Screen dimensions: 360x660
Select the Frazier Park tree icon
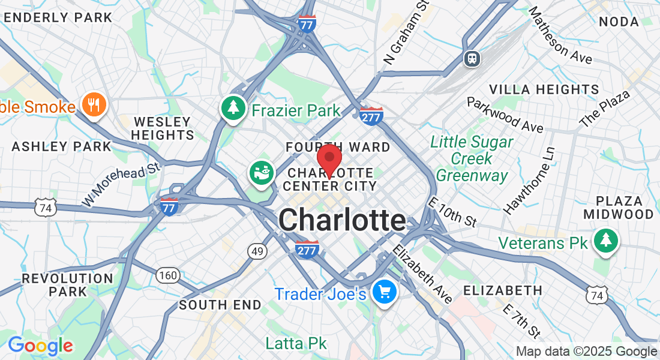pyautogui.click(x=233, y=108)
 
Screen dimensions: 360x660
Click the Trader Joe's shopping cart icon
pyautogui.click(x=383, y=292)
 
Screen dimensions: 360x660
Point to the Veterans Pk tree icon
pyautogui.click(x=605, y=241)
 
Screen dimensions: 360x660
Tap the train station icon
pyautogui.click(x=472, y=58)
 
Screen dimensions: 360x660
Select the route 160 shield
pyautogui.click(x=168, y=275)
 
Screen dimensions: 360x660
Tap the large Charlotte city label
pyautogui.click(x=341, y=220)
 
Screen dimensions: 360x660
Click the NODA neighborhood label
pyautogui.click(x=619, y=22)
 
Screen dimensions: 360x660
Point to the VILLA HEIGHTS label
pyautogui.click(x=544, y=90)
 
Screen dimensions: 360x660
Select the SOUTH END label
pyautogui.click(x=220, y=305)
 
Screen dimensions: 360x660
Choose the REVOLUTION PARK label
pyautogui.click(x=67, y=285)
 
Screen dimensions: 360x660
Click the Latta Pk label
pyautogui.click(x=296, y=343)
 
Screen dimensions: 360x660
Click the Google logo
pyautogui.click(x=40, y=346)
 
